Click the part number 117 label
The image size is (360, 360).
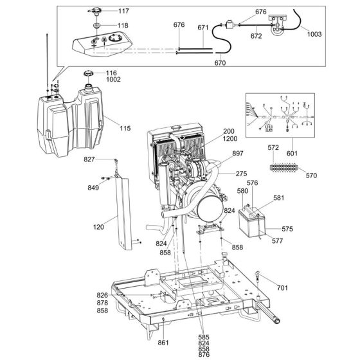click(123, 12)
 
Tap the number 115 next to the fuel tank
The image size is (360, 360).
click(125, 129)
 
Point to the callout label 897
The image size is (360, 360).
click(238, 154)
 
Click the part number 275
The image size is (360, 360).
click(240, 174)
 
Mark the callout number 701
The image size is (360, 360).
click(282, 288)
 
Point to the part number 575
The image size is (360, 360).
click(287, 229)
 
